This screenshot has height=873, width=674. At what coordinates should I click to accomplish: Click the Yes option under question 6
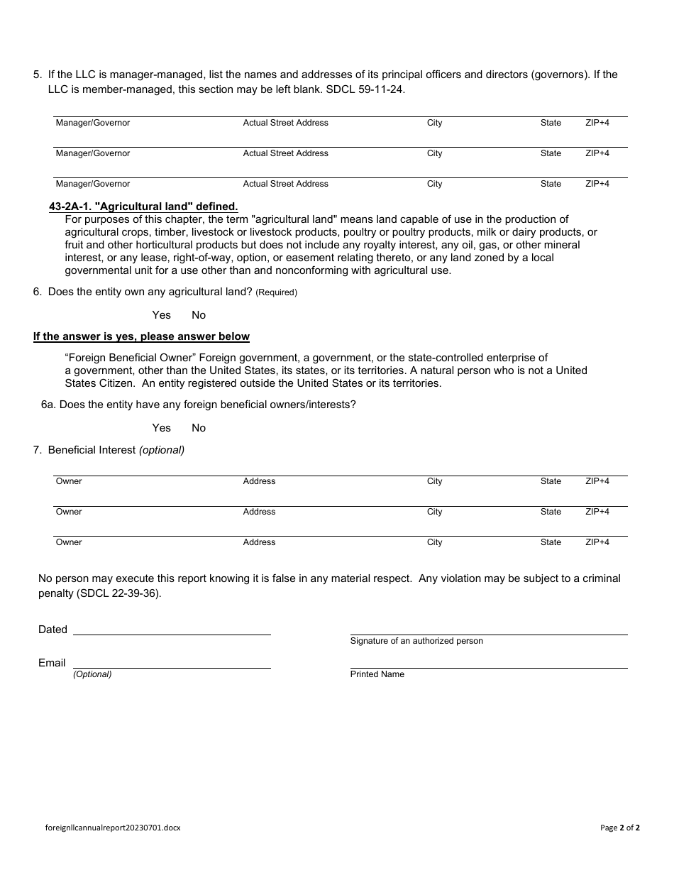click(161, 315)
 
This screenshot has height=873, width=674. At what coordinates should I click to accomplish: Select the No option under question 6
click(199, 315)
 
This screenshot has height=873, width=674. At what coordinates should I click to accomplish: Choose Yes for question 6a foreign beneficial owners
click(161, 428)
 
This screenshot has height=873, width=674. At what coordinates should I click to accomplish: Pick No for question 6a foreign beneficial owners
click(199, 428)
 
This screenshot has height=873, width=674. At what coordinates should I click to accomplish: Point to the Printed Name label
click(377, 674)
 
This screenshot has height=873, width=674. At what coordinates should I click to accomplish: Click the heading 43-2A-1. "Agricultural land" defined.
click(143, 207)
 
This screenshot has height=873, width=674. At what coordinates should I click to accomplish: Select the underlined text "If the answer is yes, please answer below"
click(141, 336)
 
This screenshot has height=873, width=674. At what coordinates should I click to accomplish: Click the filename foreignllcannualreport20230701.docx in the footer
click(112, 828)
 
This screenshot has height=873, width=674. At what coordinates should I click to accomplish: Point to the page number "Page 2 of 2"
click(619, 828)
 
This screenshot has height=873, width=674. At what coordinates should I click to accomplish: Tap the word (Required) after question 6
click(276, 292)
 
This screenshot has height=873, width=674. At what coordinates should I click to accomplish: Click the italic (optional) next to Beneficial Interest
click(162, 450)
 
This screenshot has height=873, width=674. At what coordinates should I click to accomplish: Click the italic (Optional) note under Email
click(92, 674)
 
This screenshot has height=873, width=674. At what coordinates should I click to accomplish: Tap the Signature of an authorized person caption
click(416, 641)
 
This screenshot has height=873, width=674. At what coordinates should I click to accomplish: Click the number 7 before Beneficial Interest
click(36, 450)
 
